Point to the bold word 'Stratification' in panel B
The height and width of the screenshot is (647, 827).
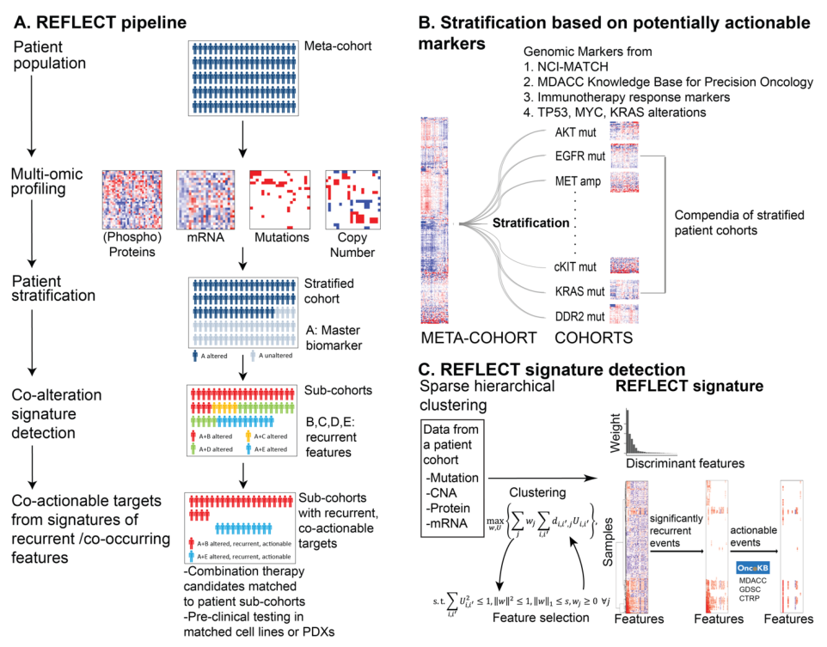click(x=530, y=223)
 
